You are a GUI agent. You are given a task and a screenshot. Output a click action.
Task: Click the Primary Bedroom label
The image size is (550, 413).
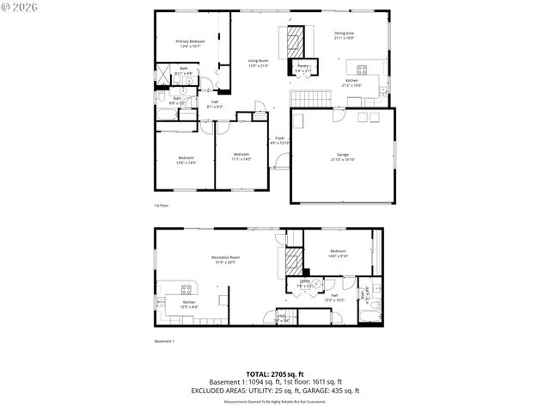pos(190,41)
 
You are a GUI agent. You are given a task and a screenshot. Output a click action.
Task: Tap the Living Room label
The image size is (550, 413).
pos(259,60)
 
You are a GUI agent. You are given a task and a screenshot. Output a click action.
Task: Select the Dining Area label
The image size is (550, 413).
pos(344,33)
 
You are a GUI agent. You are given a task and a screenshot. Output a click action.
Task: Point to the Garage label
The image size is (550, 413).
pos(342,155)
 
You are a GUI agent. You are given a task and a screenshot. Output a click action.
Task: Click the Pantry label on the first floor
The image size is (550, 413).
pos(302,65)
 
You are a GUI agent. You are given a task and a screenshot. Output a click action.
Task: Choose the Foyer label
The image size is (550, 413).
pos(280,138)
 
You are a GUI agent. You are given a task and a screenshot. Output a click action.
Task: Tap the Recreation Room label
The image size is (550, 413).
pos(225,257)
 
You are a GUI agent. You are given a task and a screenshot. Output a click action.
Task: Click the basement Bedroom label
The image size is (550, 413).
pos(338,250)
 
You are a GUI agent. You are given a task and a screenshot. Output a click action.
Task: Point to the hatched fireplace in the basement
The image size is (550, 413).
pos(294,261)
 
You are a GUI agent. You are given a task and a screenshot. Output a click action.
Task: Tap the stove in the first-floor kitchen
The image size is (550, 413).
pos(362,70)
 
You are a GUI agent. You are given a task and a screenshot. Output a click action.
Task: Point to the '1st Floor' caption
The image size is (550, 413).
pos(161,206)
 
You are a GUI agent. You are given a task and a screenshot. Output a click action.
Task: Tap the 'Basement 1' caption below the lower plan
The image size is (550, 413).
pos(164,342)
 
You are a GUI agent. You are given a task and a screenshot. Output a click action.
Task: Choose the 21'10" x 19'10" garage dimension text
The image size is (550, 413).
pos(342,160)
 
